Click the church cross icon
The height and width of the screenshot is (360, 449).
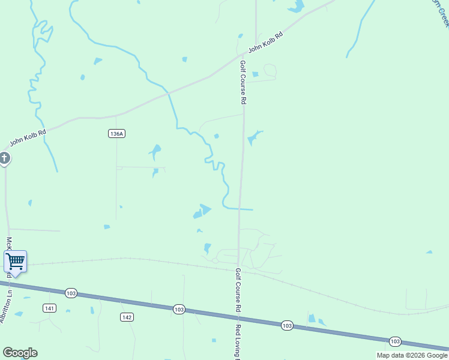(x=4, y=158)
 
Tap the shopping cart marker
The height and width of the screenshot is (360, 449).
(x=15, y=262)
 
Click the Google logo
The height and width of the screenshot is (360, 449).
(x=20, y=353)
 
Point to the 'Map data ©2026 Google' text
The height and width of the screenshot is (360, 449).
(x=412, y=355)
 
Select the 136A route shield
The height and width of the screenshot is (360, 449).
(x=117, y=134)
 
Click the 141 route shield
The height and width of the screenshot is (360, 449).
(x=50, y=308)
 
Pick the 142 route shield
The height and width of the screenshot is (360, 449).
(x=126, y=317)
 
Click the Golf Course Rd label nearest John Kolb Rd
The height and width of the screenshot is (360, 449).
(x=244, y=83)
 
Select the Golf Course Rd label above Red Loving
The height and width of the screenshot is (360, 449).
(x=238, y=289)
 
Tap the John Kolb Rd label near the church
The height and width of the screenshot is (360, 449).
(x=28, y=139)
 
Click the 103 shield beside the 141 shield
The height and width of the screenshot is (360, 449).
(x=71, y=293)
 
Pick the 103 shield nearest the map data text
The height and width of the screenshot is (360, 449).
(x=394, y=341)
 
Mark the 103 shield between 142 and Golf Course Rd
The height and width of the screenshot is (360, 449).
(x=179, y=309)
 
